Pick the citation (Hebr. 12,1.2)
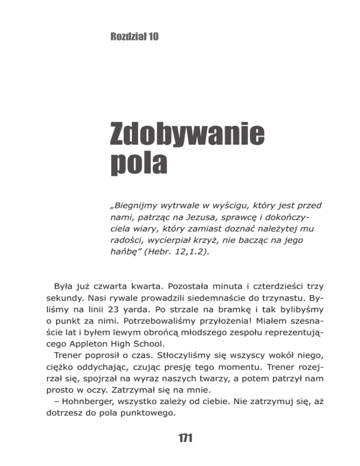[x=172, y=253]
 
